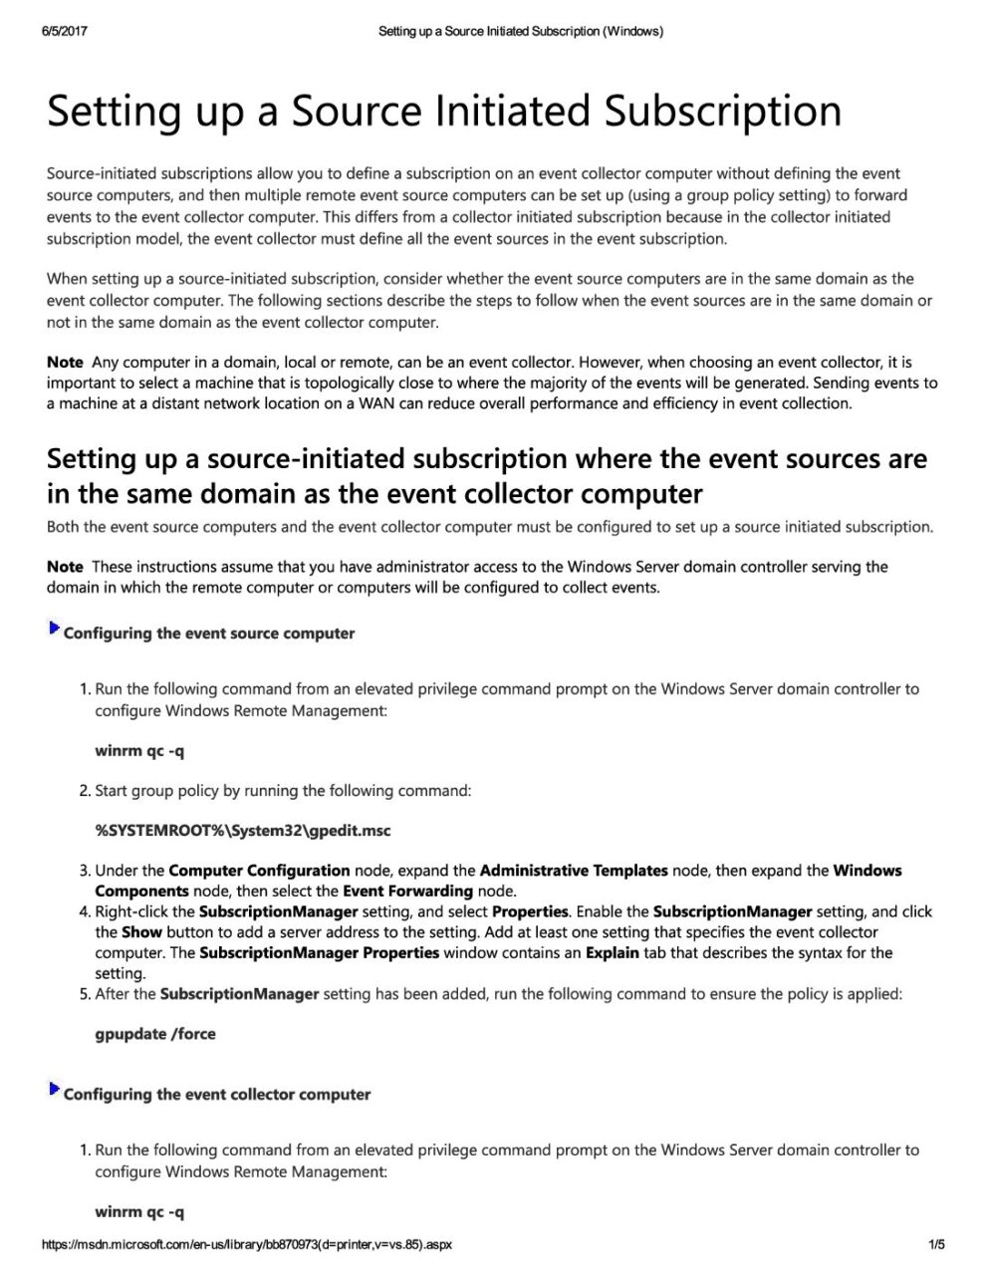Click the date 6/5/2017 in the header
[x=65, y=31]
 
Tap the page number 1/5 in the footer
[x=936, y=1244]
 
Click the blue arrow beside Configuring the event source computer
[x=54, y=630]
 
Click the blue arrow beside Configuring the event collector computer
[x=54, y=1091]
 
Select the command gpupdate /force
[x=155, y=1034]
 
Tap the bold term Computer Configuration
[x=259, y=871]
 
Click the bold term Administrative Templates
[x=574, y=871]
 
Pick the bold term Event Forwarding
[x=407, y=892]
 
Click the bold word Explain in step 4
[x=613, y=953]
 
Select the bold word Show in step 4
[x=141, y=933]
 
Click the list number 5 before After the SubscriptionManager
[x=84, y=994]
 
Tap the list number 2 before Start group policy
[x=84, y=791]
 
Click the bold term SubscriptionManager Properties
[x=319, y=953]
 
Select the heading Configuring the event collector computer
[x=217, y=1095]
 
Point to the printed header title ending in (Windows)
[x=521, y=31]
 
